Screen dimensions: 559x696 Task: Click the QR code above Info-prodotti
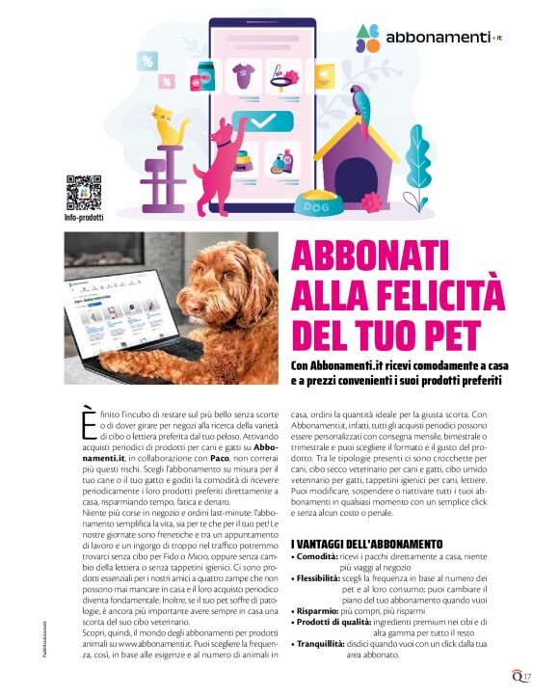84,191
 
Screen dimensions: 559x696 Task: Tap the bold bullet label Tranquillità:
328,642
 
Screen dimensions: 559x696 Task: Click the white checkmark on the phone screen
262,121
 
